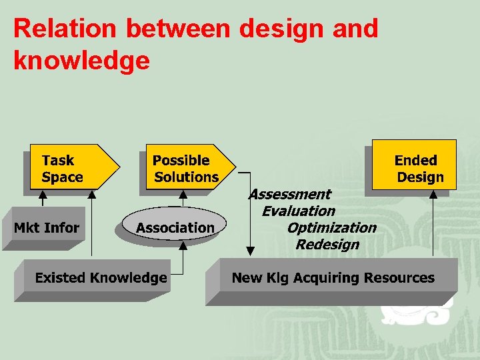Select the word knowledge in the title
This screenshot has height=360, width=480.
81,61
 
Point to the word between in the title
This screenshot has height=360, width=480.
177,29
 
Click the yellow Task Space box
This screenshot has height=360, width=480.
67,168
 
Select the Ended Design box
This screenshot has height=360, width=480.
415,168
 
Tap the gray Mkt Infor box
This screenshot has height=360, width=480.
47,228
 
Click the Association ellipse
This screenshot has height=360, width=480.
175,228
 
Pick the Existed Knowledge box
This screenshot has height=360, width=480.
101,278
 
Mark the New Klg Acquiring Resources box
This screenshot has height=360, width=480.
332,278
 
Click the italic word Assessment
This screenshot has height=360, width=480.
289,194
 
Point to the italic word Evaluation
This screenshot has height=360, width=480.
298,211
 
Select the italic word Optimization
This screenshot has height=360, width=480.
331,227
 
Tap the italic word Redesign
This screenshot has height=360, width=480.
327,244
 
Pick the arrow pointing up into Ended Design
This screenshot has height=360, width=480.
434,223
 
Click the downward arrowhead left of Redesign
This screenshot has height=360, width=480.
250,251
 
